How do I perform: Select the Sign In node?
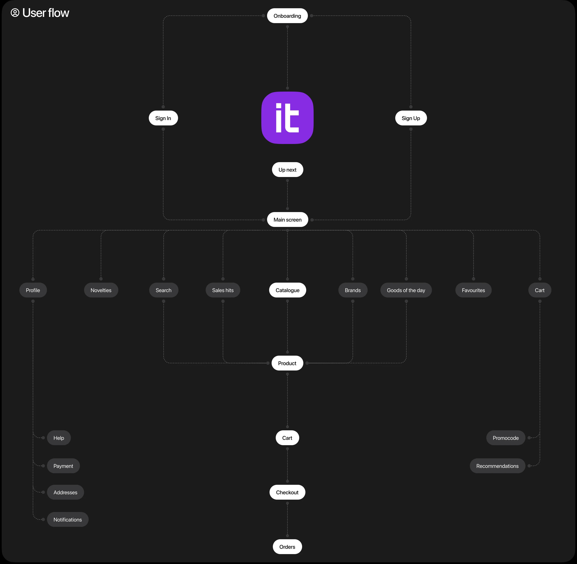click(163, 118)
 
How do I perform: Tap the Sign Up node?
click(411, 118)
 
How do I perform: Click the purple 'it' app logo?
click(287, 118)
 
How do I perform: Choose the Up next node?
click(287, 170)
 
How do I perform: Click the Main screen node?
click(287, 220)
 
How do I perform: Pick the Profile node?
click(33, 290)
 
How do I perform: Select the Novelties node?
click(101, 290)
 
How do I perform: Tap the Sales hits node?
click(223, 290)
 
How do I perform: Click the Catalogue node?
click(287, 290)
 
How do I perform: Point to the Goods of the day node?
click(406, 290)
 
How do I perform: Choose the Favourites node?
click(473, 290)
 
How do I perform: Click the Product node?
click(287, 363)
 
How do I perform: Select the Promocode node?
click(505, 438)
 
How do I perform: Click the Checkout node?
click(287, 492)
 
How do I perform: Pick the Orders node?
click(287, 547)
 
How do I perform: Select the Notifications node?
click(67, 520)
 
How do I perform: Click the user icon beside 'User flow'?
click(15, 13)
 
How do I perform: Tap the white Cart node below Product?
click(287, 438)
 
